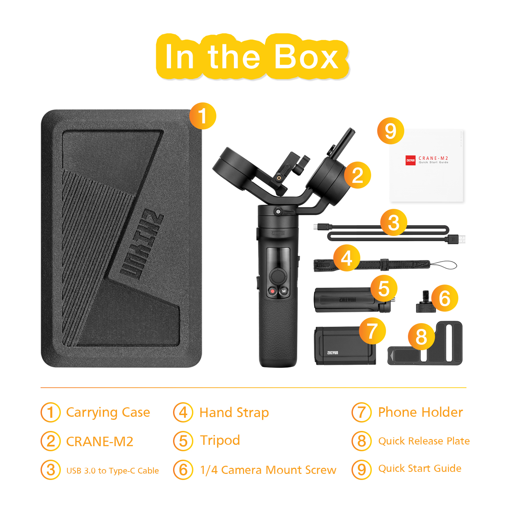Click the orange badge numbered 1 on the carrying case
coord(203,116)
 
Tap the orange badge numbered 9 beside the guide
coord(391,131)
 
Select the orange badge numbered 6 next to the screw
coord(445,298)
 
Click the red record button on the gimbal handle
coord(272,291)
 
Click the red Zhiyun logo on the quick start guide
coord(410,160)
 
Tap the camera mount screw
coord(424,302)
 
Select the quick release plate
coord(425,343)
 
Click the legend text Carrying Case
coord(108,412)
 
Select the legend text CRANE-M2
coord(100,441)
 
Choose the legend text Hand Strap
coord(234,412)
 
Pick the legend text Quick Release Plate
coord(424,441)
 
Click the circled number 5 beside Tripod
coord(183,441)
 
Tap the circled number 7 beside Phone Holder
coord(362,412)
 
